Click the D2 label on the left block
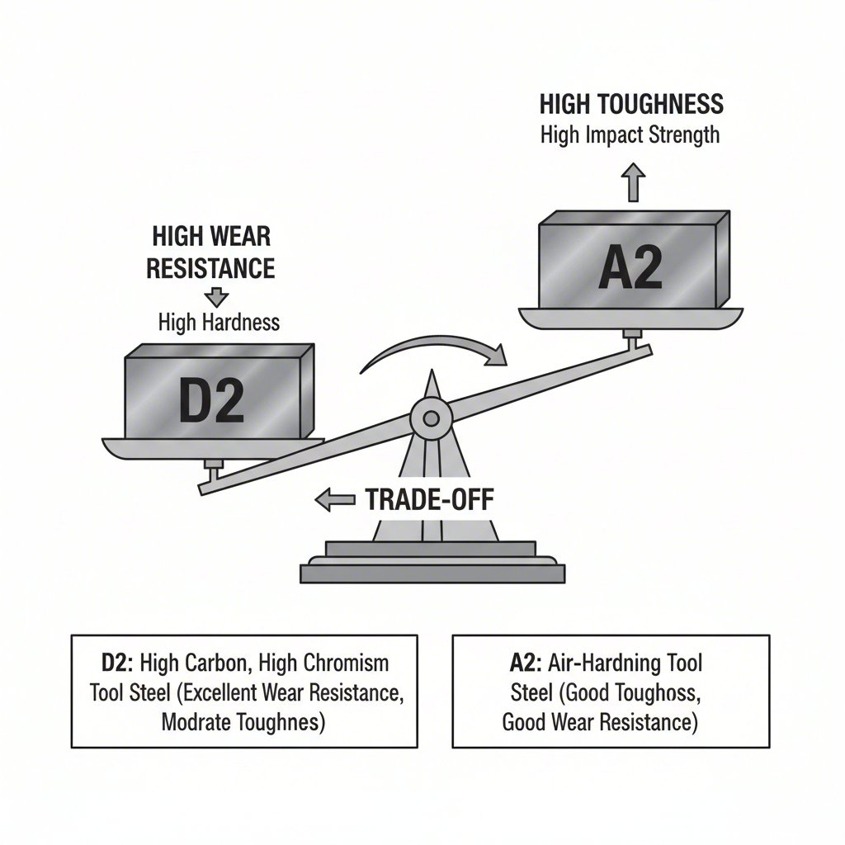(x=211, y=401)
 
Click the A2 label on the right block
(x=630, y=268)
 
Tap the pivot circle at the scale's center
(x=430, y=418)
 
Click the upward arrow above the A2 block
(x=633, y=182)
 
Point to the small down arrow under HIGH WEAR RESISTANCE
(x=217, y=296)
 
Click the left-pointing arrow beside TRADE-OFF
(x=334, y=498)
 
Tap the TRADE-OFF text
(x=429, y=498)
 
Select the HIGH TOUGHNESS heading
(x=631, y=104)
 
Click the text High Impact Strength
(x=630, y=135)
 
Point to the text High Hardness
(x=219, y=322)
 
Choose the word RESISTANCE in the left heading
(x=213, y=268)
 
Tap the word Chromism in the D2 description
(x=346, y=663)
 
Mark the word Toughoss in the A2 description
(x=658, y=693)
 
